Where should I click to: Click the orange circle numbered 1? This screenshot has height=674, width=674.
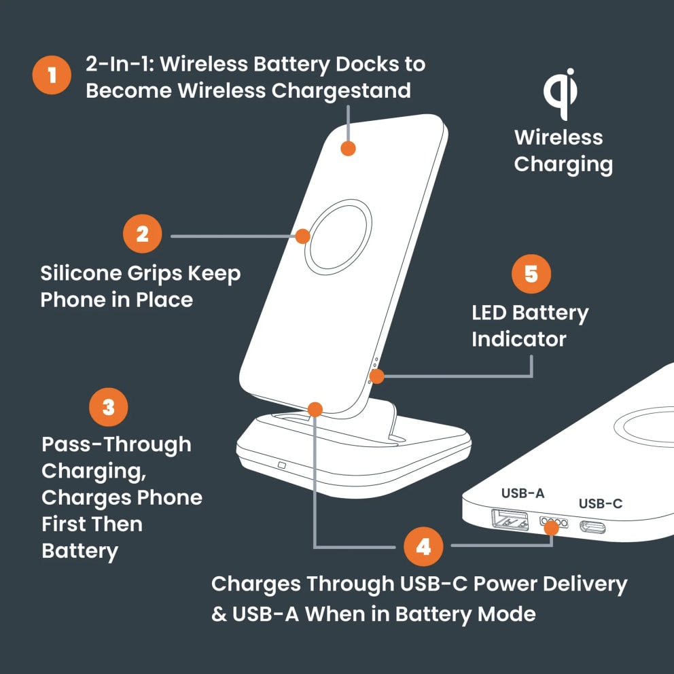coord(52,75)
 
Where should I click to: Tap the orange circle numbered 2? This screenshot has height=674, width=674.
coord(142,234)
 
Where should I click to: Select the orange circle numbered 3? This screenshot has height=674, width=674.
coord(109,407)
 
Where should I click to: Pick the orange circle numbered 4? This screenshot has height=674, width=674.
coord(423,546)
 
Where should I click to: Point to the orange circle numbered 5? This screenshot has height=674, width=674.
coord(531,274)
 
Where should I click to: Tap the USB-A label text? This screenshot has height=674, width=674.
coord(522,493)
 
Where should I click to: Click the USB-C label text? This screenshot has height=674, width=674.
coord(601,503)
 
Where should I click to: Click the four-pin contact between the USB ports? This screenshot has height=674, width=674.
coord(553,523)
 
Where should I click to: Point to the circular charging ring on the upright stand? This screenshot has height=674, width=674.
coord(338,236)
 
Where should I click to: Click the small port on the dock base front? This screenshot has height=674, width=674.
coord(282,466)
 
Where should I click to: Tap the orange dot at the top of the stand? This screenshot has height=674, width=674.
coord(348,148)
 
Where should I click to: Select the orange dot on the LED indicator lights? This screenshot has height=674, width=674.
coord(376,376)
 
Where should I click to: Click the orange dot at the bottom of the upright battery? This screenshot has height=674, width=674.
coord(315,409)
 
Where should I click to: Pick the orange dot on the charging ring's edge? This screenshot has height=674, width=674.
coord(303,236)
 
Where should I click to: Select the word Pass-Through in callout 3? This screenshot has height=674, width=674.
coord(116,444)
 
